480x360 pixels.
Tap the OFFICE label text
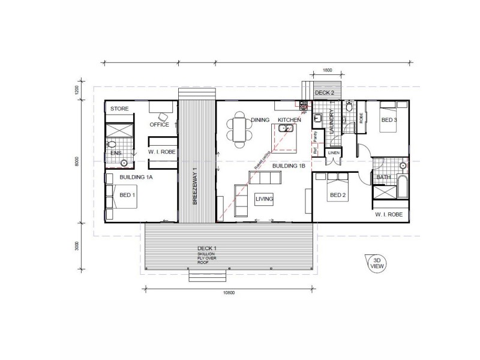click(159, 125)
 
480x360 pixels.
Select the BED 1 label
click(127, 196)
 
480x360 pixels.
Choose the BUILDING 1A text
click(136, 178)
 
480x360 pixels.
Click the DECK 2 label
click(324, 92)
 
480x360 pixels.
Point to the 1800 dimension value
click(327, 70)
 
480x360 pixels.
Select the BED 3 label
click(389, 120)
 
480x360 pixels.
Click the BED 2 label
click(337, 196)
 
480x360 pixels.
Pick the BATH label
click(382, 178)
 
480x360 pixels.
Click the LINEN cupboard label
click(334, 153)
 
